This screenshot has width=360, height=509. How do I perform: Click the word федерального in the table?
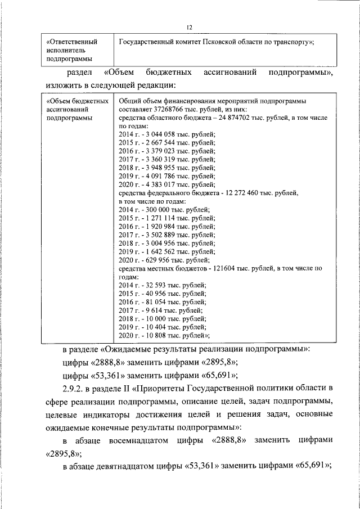162,193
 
